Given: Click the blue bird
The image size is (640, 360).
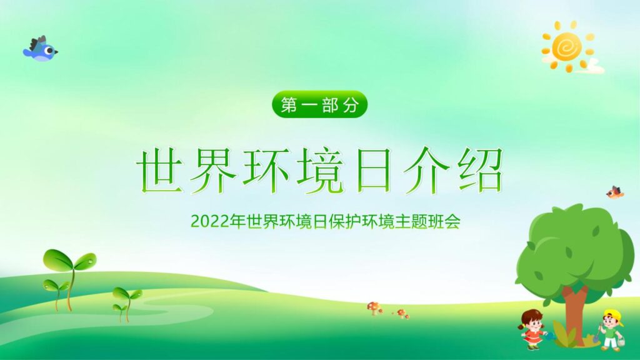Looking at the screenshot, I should point(40,49).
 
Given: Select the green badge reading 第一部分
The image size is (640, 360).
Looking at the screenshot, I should point(320,105).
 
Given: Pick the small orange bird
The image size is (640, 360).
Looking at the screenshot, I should point(615,192).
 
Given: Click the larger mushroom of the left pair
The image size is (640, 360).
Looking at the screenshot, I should point(374,307).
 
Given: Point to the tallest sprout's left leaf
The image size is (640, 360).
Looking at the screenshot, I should point(57,259).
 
